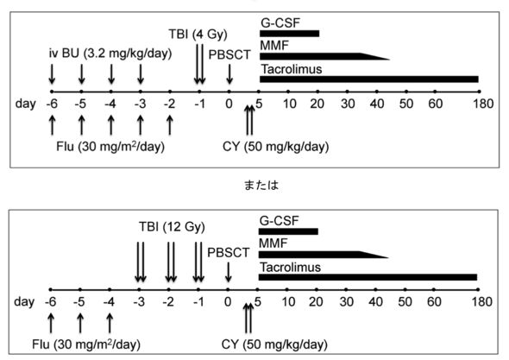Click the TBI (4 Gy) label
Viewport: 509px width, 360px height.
point(198,35)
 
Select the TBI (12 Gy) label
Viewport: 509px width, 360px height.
point(172,227)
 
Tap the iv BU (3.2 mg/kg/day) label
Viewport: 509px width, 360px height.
point(110,54)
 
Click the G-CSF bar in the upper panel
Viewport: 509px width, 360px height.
point(290,34)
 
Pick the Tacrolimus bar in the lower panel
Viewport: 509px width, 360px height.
point(368,277)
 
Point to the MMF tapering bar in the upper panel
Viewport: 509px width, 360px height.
point(324,56)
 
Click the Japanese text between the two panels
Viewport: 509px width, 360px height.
point(261,186)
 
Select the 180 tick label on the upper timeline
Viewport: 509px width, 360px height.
point(483,104)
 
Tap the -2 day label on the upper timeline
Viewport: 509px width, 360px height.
point(169,104)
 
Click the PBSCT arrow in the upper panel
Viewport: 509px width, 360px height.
point(229,74)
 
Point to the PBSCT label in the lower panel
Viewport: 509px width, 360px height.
point(229,253)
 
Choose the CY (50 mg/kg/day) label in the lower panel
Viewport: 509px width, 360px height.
point(274,344)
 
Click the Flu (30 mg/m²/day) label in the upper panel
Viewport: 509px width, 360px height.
point(110,147)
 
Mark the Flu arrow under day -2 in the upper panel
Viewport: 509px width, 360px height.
point(169,125)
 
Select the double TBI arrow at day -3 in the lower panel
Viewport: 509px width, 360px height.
point(141,262)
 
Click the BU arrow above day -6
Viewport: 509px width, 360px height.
point(52,74)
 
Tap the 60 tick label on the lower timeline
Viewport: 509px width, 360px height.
point(434,302)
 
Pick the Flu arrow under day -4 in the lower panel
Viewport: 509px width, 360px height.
point(110,323)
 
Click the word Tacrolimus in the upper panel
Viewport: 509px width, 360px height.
point(292,69)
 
